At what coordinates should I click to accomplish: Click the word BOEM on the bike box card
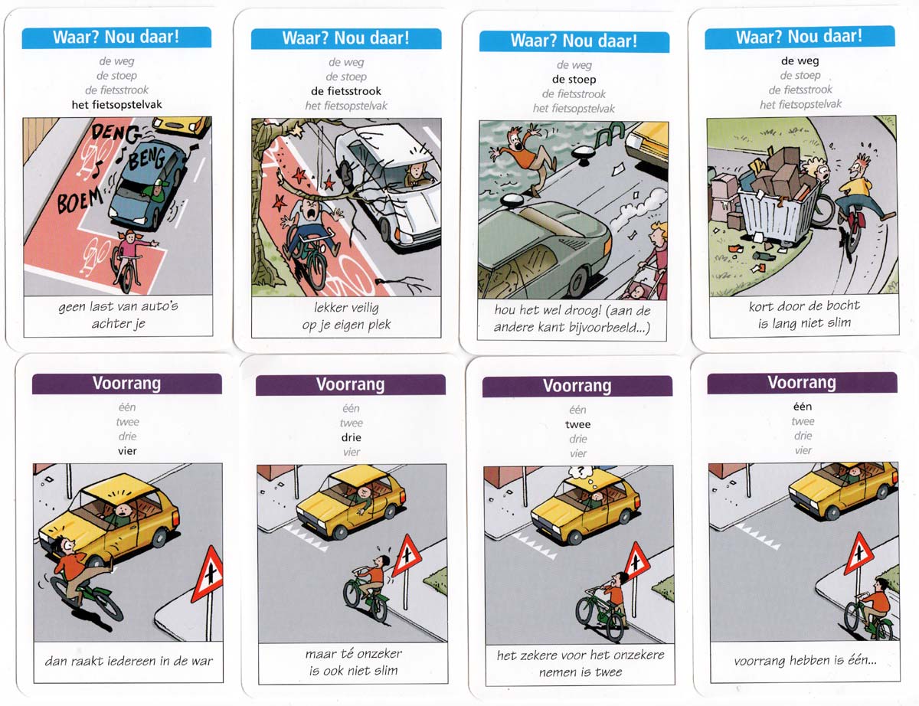80,200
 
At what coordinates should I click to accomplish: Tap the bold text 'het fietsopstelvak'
116,104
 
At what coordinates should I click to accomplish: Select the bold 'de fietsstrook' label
346,91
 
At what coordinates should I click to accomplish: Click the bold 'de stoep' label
574,80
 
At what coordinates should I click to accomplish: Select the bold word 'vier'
127,451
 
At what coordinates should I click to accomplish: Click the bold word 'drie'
351,437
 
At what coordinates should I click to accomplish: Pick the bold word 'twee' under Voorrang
577,424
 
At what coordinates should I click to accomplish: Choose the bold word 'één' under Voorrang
803,407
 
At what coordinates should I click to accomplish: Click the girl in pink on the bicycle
129,259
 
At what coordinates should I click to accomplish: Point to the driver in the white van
417,174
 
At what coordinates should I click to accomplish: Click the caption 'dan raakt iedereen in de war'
129,661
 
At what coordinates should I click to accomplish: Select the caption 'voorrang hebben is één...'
805,660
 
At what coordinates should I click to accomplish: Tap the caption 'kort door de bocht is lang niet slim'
804,314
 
